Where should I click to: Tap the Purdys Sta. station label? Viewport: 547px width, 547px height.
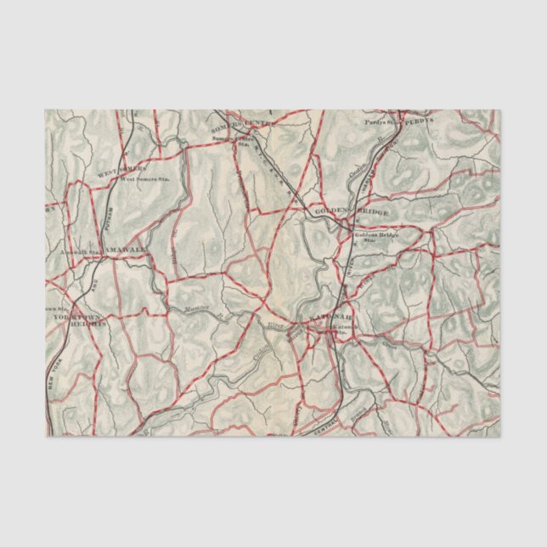(x=382, y=121)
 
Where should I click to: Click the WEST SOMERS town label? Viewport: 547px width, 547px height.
(x=116, y=172)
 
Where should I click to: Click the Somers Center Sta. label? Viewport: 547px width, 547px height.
(x=235, y=140)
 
